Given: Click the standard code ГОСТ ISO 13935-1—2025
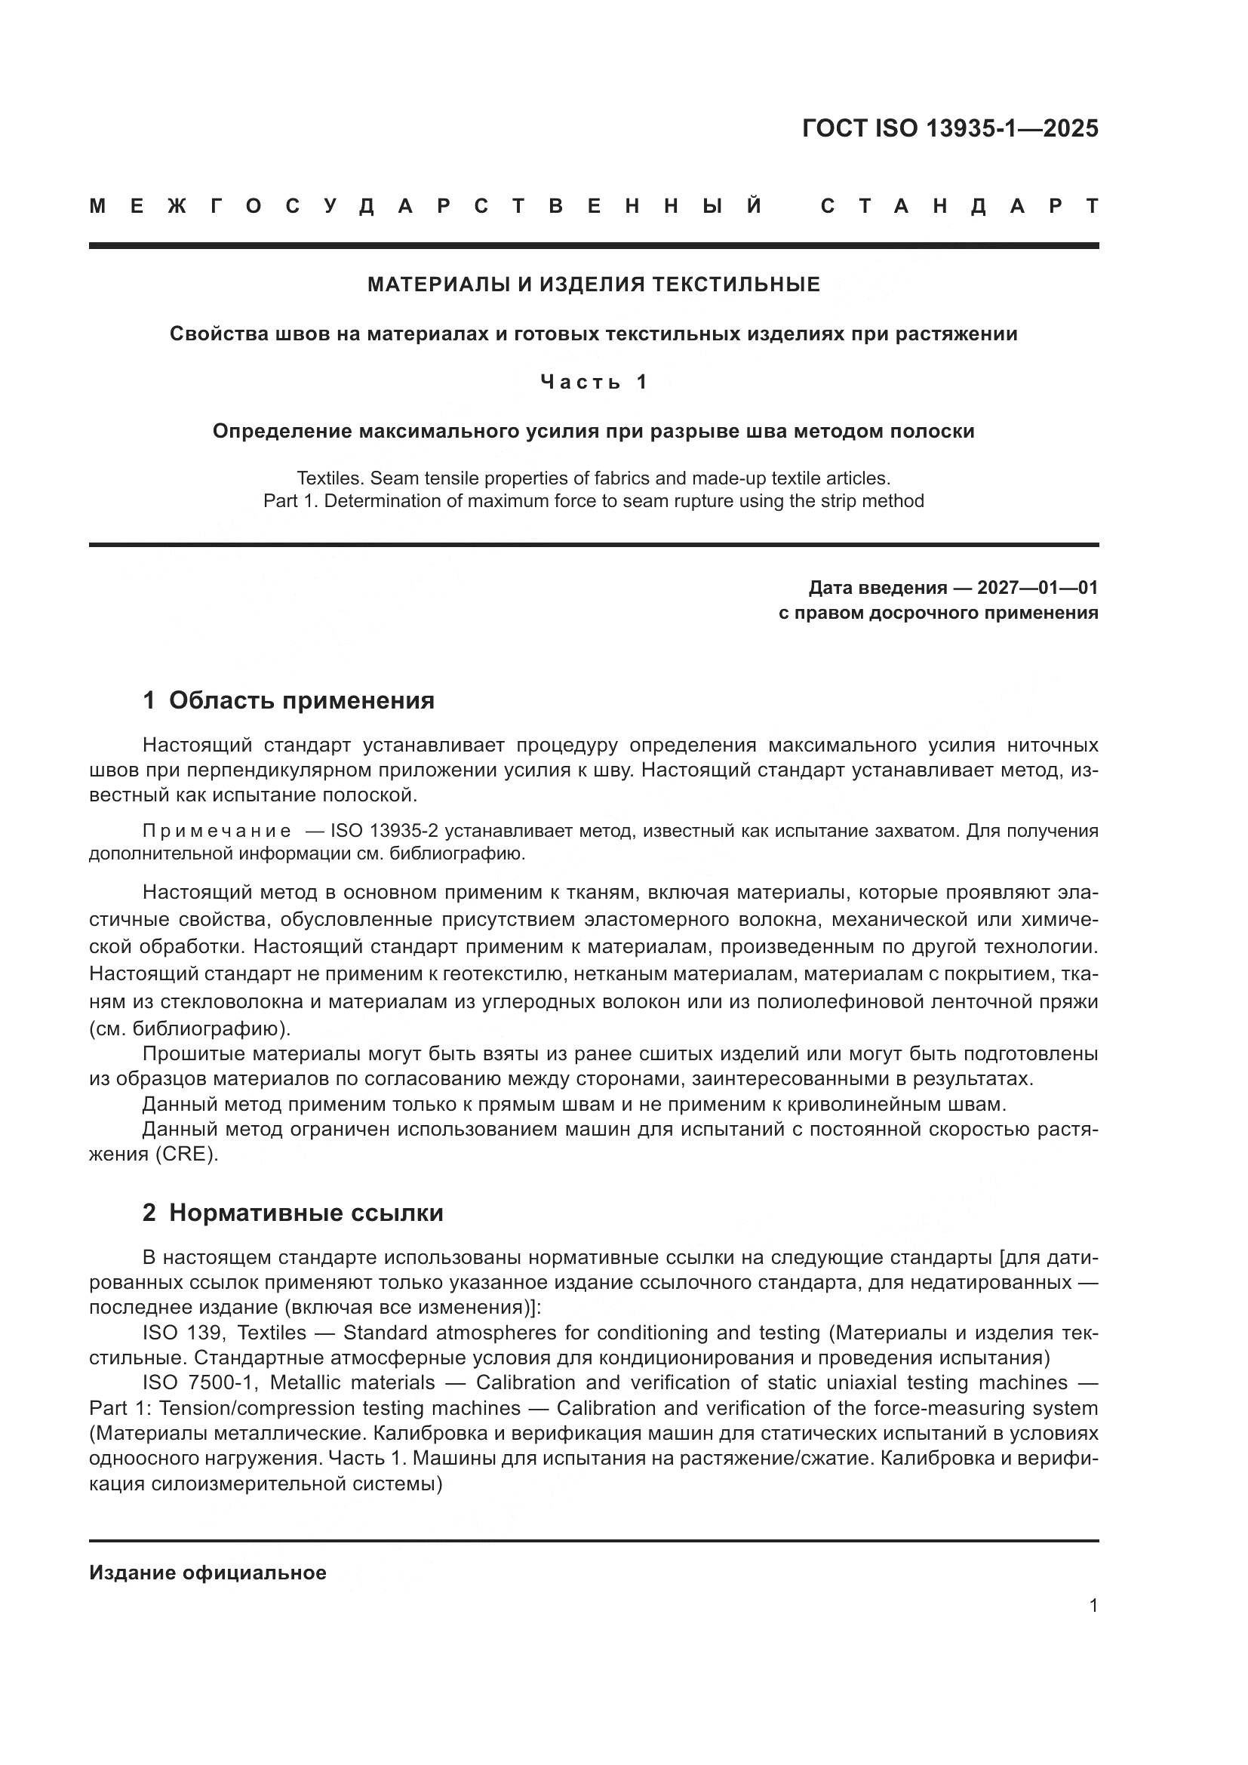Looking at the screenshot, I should tap(950, 128).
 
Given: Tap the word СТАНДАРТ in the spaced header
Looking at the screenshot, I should tap(959, 206).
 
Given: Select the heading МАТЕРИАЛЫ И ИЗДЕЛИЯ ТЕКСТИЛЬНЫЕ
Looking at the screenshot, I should tap(593, 284).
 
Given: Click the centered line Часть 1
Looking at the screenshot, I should tap(593, 382).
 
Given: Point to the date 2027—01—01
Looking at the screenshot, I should tap(1037, 588).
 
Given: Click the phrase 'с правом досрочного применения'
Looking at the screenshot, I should tap(939, 613).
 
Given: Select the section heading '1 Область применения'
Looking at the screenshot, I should tap(288, 700).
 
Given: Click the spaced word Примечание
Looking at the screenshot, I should tap(217, 831).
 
